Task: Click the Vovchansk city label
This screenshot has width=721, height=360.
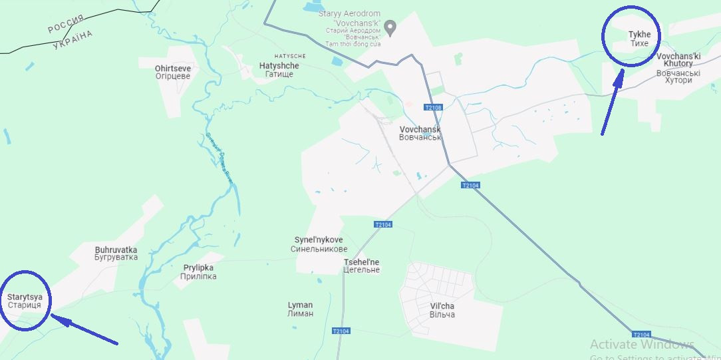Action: tap(420, 133)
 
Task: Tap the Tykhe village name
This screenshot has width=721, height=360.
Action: tap(639, 39)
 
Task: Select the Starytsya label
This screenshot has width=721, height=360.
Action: tap(25, 301)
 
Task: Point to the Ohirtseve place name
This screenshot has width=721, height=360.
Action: tap(172, 72)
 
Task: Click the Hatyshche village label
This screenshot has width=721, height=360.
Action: tap(279, 70)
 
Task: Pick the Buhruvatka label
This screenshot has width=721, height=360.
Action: tap(116, 254)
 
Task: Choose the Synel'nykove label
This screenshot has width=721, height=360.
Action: tap(319, 244)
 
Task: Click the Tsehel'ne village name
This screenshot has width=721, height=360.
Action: tap(361, 266)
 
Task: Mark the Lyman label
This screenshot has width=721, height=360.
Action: tap(300, 309)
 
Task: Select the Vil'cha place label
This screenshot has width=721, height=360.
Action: tap(442, 310)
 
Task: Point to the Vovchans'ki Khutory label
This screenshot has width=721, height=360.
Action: tap(678, 68)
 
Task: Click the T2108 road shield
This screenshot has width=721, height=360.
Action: tap(432, 107)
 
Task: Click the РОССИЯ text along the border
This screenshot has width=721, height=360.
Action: tap(66, 25)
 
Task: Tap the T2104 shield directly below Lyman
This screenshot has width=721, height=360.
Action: tap(340, 331)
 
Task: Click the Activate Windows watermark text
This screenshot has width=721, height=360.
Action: tap(641, 344)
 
